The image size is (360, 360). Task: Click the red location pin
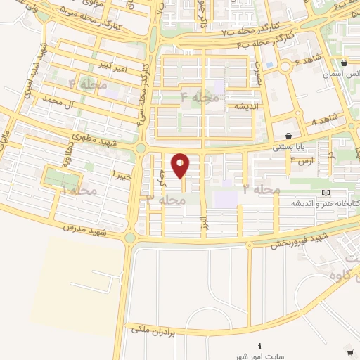pos(181,165)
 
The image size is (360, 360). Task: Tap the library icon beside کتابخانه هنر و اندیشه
pos(325,192)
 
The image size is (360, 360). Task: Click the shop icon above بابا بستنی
pos(288,136)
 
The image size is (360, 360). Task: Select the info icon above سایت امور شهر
pos(260,346)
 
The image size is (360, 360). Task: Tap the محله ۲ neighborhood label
pos(262,190)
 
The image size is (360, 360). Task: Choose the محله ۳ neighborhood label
pos(166,200)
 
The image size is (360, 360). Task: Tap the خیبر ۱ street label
pos(122,173)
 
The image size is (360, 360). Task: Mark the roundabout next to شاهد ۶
pos(285,67)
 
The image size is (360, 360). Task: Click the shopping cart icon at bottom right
pos(349,352)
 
